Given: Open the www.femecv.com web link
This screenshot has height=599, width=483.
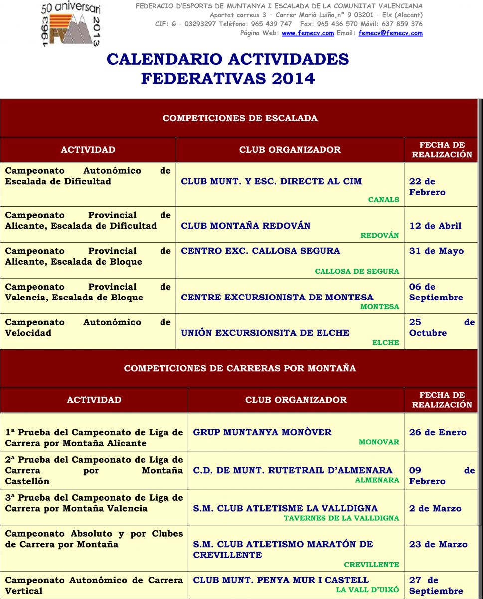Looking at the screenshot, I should [x=308, y=33].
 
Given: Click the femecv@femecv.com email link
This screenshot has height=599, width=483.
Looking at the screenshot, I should [x=390, y=33].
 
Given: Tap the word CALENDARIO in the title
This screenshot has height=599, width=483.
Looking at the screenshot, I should [x=165, y=59].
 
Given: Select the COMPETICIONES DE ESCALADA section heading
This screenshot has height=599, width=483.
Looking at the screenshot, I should [x=240, y=118].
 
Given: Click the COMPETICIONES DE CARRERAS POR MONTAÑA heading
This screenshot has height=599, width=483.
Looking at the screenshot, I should [x=240, y=368].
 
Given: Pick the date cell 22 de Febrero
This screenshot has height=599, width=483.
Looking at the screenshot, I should [x=427, y=187].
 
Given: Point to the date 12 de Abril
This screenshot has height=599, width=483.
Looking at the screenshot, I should [x=435, y=226].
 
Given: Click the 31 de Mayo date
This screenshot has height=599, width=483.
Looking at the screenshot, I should [x=436, y=251].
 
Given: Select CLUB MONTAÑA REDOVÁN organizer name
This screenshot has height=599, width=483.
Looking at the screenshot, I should [x=246, y=226].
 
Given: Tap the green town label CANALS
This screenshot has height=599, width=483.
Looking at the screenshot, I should [x=383, y=200].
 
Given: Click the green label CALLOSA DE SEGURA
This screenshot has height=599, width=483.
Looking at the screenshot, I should [x=357, y=271].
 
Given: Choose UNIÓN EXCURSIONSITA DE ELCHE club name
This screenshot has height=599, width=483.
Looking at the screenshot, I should [x=265, y=333].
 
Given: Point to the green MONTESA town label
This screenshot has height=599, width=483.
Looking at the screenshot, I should [x=380, y=307].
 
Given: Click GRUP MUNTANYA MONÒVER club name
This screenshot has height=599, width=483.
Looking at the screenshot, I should [x=262, y=432].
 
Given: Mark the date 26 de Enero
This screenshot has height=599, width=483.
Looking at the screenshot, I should [x=438, y=432].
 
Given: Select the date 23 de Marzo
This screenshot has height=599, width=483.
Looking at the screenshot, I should [x=438, y=544].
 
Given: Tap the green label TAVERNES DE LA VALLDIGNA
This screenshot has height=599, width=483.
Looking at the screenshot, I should [x=341, y=518].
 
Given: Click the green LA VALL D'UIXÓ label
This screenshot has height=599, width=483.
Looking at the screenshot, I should [x=367, y=590].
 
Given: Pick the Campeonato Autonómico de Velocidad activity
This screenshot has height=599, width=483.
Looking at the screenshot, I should [x=88, y=327].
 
